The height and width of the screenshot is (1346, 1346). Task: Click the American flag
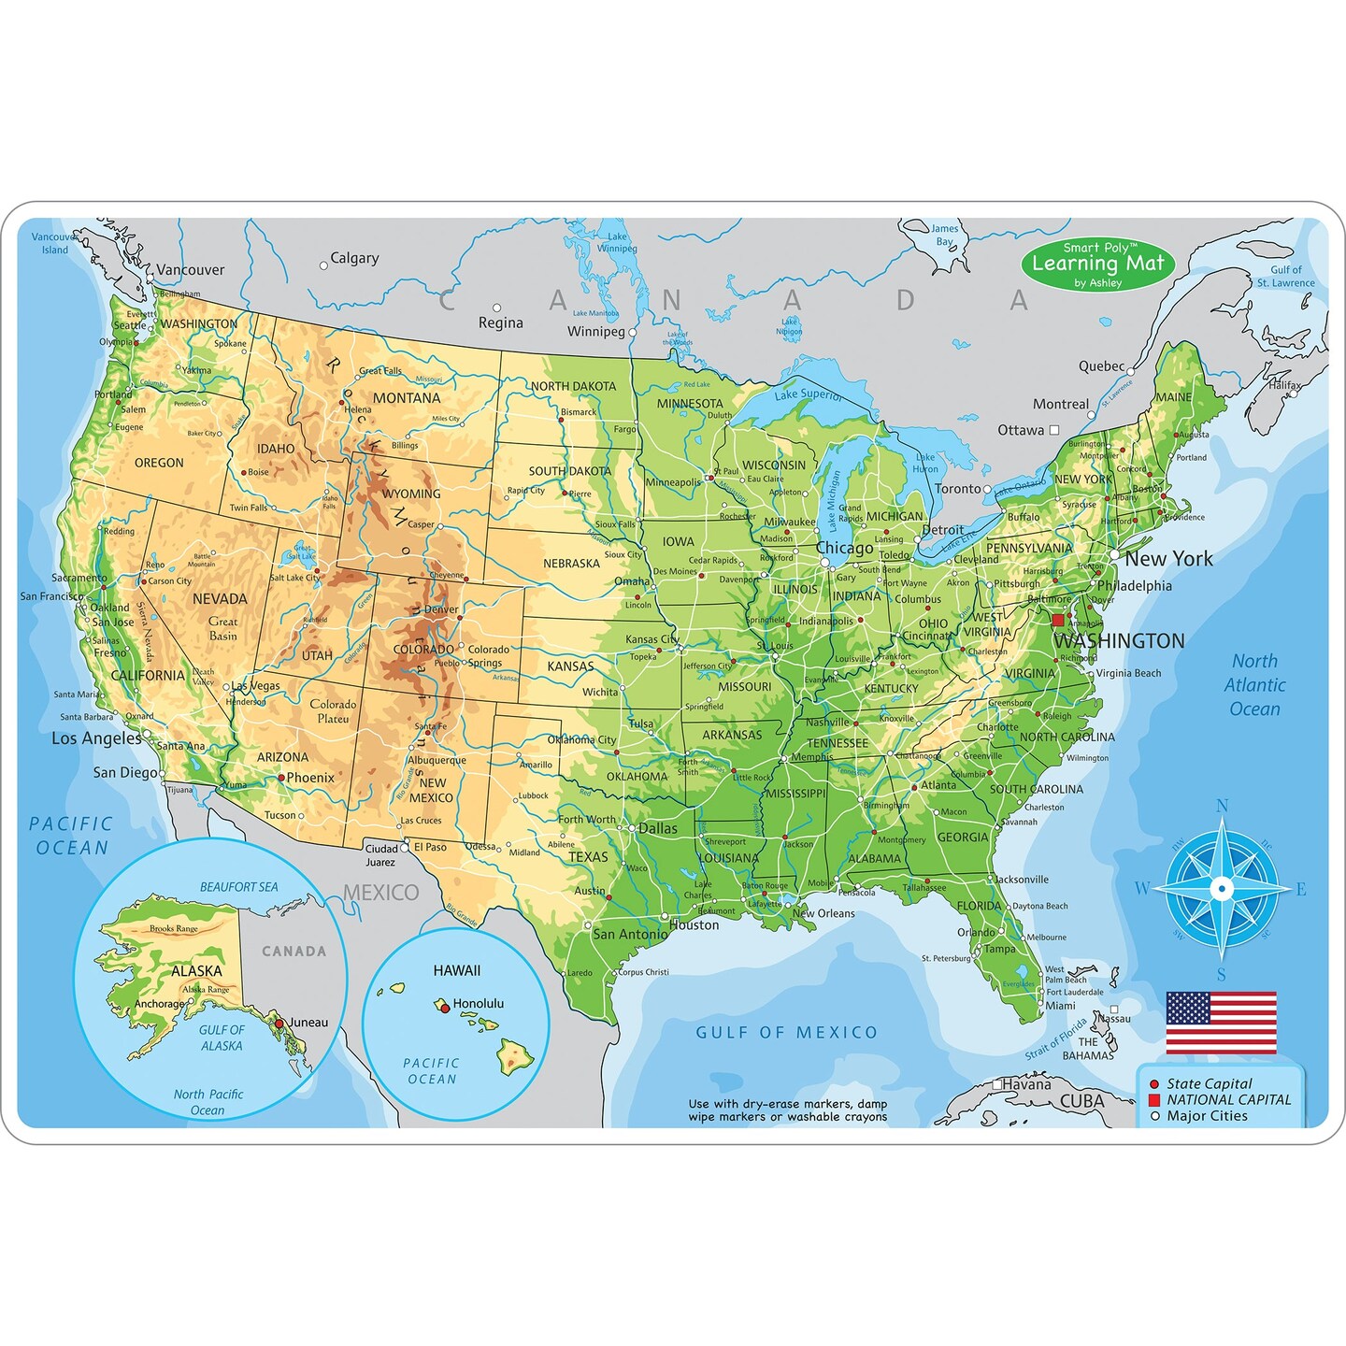click(x=1221, y=1023)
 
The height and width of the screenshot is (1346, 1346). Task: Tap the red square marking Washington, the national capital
click(x=1058, y=621)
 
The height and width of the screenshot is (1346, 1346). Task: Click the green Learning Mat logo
click(x=1097, y=264)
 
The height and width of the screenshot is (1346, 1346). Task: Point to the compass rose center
click(x=1221, y=888)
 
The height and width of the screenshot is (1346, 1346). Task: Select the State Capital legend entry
click(x=1209, y=1083)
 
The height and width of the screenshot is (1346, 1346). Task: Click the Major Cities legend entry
click(x=1207, y=1116)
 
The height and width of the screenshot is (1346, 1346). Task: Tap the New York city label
click(x=1168, y=559)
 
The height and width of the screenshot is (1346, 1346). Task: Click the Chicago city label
click(x=844, y=549)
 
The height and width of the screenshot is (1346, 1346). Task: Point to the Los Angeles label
click(x=96, y=738)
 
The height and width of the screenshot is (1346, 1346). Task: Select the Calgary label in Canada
click(x=354, y=259)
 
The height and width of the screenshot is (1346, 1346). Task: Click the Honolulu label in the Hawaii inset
click(x=478, y=1004)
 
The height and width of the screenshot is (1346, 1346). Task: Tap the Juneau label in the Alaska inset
click(x=308, y=1023)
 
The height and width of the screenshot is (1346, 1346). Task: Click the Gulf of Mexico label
click(x=786, y=1033)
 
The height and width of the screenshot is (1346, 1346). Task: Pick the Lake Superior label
click(x=808, y=394)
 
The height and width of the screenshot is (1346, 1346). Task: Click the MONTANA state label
click(x=407, y=398)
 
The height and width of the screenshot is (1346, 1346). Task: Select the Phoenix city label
click(x=310, y=778)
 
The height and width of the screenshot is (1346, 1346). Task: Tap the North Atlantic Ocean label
click(x=1254, y=685)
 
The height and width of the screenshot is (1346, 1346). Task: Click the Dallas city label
click(x=658, y=828)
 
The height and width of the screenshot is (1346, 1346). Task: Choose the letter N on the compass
click(x=1222, y=807)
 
